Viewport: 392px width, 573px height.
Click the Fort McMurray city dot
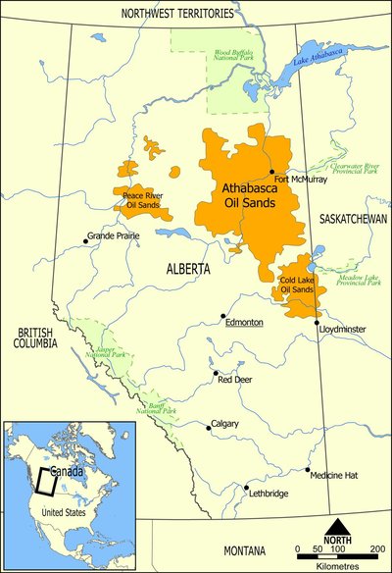[271, 171]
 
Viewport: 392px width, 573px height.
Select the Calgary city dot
[206, 427]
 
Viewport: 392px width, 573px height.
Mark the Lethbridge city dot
[246, 488]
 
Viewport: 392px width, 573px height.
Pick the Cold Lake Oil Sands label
[297, 286]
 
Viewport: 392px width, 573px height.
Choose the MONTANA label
[246, 551]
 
